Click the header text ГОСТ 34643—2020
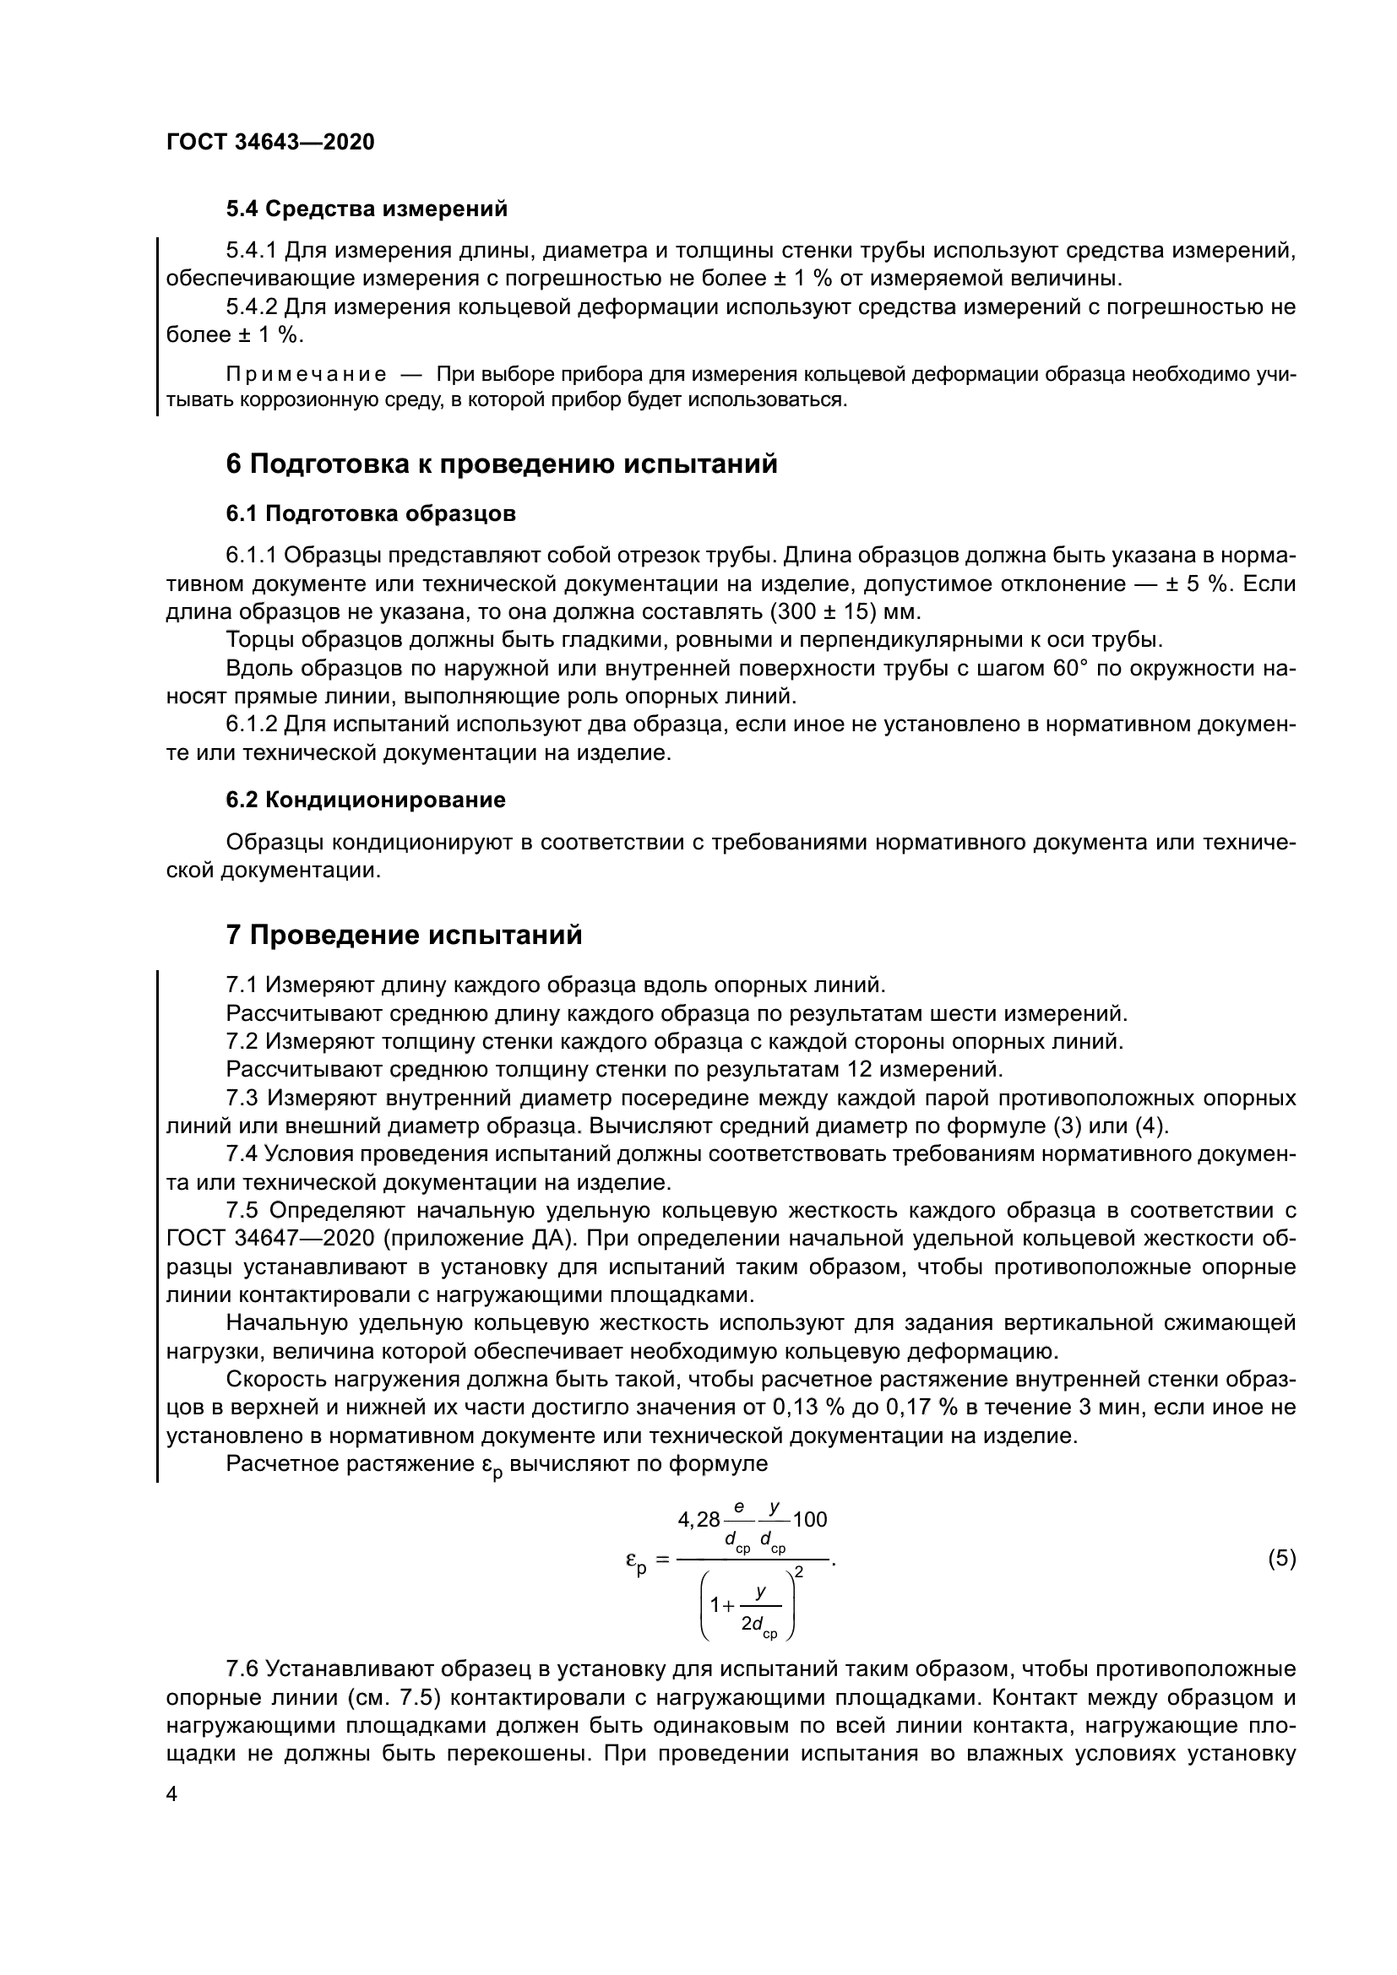[270, 143]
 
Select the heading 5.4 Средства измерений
[367, 209]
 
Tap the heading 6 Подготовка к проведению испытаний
[502, 464]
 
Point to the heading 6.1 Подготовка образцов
[371, 513]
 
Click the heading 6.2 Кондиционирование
[366, 800]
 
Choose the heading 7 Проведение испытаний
[405, 935]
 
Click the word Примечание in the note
[306, 375]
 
